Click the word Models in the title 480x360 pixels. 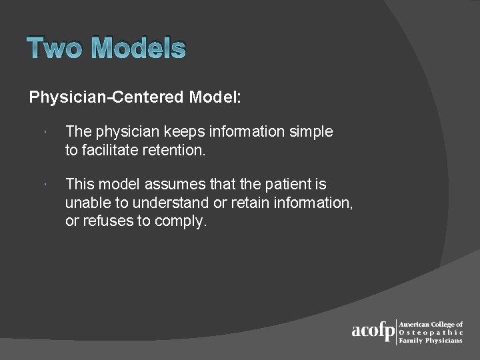point(138,49)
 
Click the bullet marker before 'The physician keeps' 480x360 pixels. point(43,132)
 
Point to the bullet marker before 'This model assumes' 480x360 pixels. point(43,184)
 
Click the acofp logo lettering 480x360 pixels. point(373,331)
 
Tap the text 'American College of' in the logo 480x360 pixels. point(431,324)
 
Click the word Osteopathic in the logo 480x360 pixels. point(431,332)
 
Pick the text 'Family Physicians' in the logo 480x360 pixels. point(430,340)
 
